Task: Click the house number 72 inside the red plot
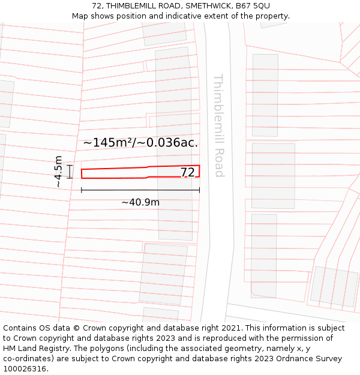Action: pyautogui.click(x=188, y=172)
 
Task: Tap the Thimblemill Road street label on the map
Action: pyautogui.click(x=218, y=125)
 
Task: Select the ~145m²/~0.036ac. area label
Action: pyautogui.click(x=140, y=143)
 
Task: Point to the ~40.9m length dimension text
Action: pyautogui.click(x=140, y=202)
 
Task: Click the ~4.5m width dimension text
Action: pyautogui.click(x=58, y=172)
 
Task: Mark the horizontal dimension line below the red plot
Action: pyautogui.click(x=140, y=190)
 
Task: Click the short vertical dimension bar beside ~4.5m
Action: pyautogui.click(x=70, y=172)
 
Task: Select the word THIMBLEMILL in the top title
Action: pyautogui.click(x=128, y=6)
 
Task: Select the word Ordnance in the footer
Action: pyautogui.click(x=293, y=359)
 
